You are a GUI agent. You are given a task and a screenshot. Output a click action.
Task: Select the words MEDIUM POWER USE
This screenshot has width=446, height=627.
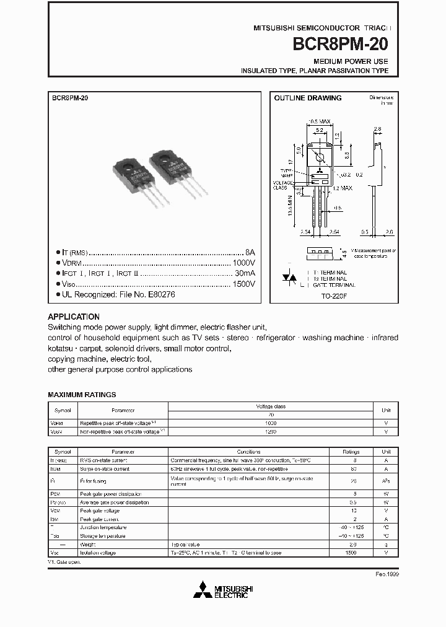(351, 61)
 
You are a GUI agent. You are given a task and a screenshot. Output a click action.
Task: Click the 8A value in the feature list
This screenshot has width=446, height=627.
(250, 253)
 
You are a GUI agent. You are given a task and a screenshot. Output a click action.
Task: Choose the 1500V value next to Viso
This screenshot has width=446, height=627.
(243, 284)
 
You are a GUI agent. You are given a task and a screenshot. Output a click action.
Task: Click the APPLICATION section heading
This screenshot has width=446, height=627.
(74, 316)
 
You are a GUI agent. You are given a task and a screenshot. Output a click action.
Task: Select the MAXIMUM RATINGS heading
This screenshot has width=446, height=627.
(82, 395)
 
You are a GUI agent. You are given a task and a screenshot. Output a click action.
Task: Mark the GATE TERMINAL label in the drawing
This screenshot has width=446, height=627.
(334, 285)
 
